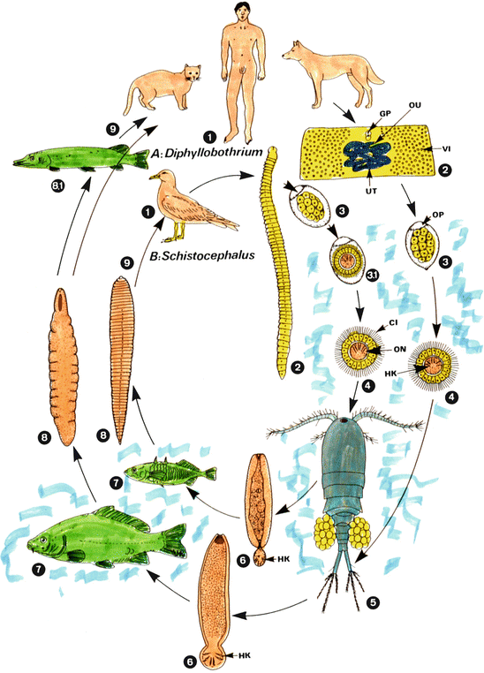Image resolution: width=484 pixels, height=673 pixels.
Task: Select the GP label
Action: pyautogui.click(x=362, y=114)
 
